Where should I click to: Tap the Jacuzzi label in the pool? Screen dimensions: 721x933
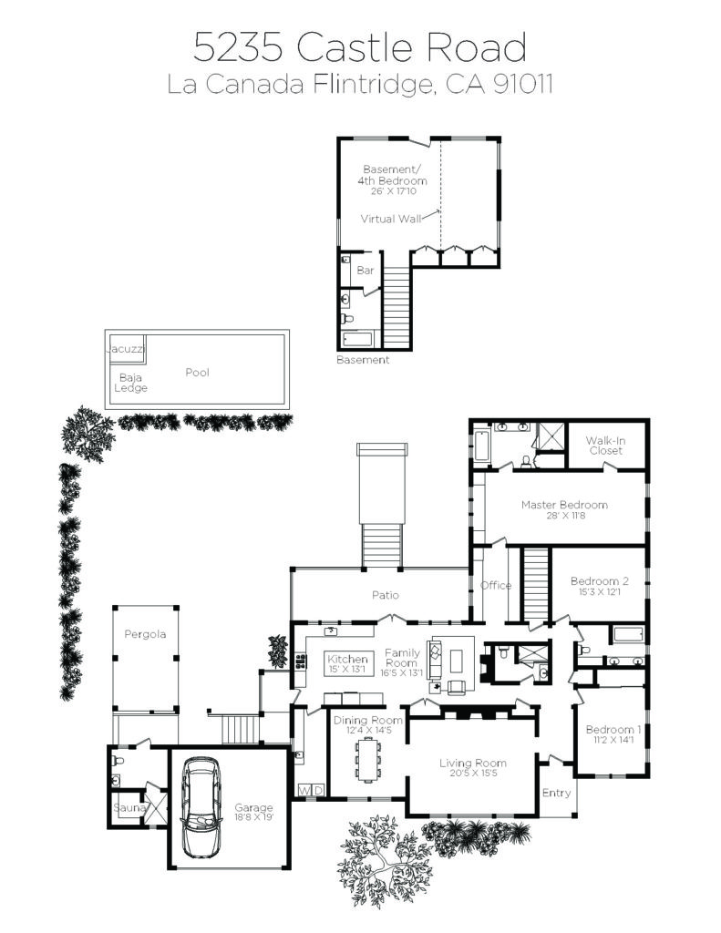[x=126, y=349]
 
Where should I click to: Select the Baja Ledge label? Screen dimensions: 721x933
[x=130, y=383]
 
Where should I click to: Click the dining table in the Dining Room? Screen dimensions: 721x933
[x=368, y=758]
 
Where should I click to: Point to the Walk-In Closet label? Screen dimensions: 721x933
[x=605, y=446]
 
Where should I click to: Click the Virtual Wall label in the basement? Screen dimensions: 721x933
[x=390, y=219]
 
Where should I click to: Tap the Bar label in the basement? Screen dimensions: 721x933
[x=365, y=270]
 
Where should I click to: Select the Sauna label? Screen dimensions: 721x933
[x=129, y=807]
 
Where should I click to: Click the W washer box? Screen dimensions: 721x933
[x=304, y=791]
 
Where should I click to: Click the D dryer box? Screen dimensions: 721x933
[x=318, y=791]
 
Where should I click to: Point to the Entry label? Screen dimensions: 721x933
[x=556, y=794]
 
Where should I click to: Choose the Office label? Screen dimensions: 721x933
[x=495, y=586]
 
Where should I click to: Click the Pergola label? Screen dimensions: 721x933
[x=145, y=634]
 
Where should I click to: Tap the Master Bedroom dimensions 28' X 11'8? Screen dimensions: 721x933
[x=566, y=516]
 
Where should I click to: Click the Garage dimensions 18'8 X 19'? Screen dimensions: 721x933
[x=253, y=818]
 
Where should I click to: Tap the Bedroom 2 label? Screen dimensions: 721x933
[x=600, y=581]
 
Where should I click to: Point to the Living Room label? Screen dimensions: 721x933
[x=473, y=763]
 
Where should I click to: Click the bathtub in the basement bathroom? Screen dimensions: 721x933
[x=358, y=339]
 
